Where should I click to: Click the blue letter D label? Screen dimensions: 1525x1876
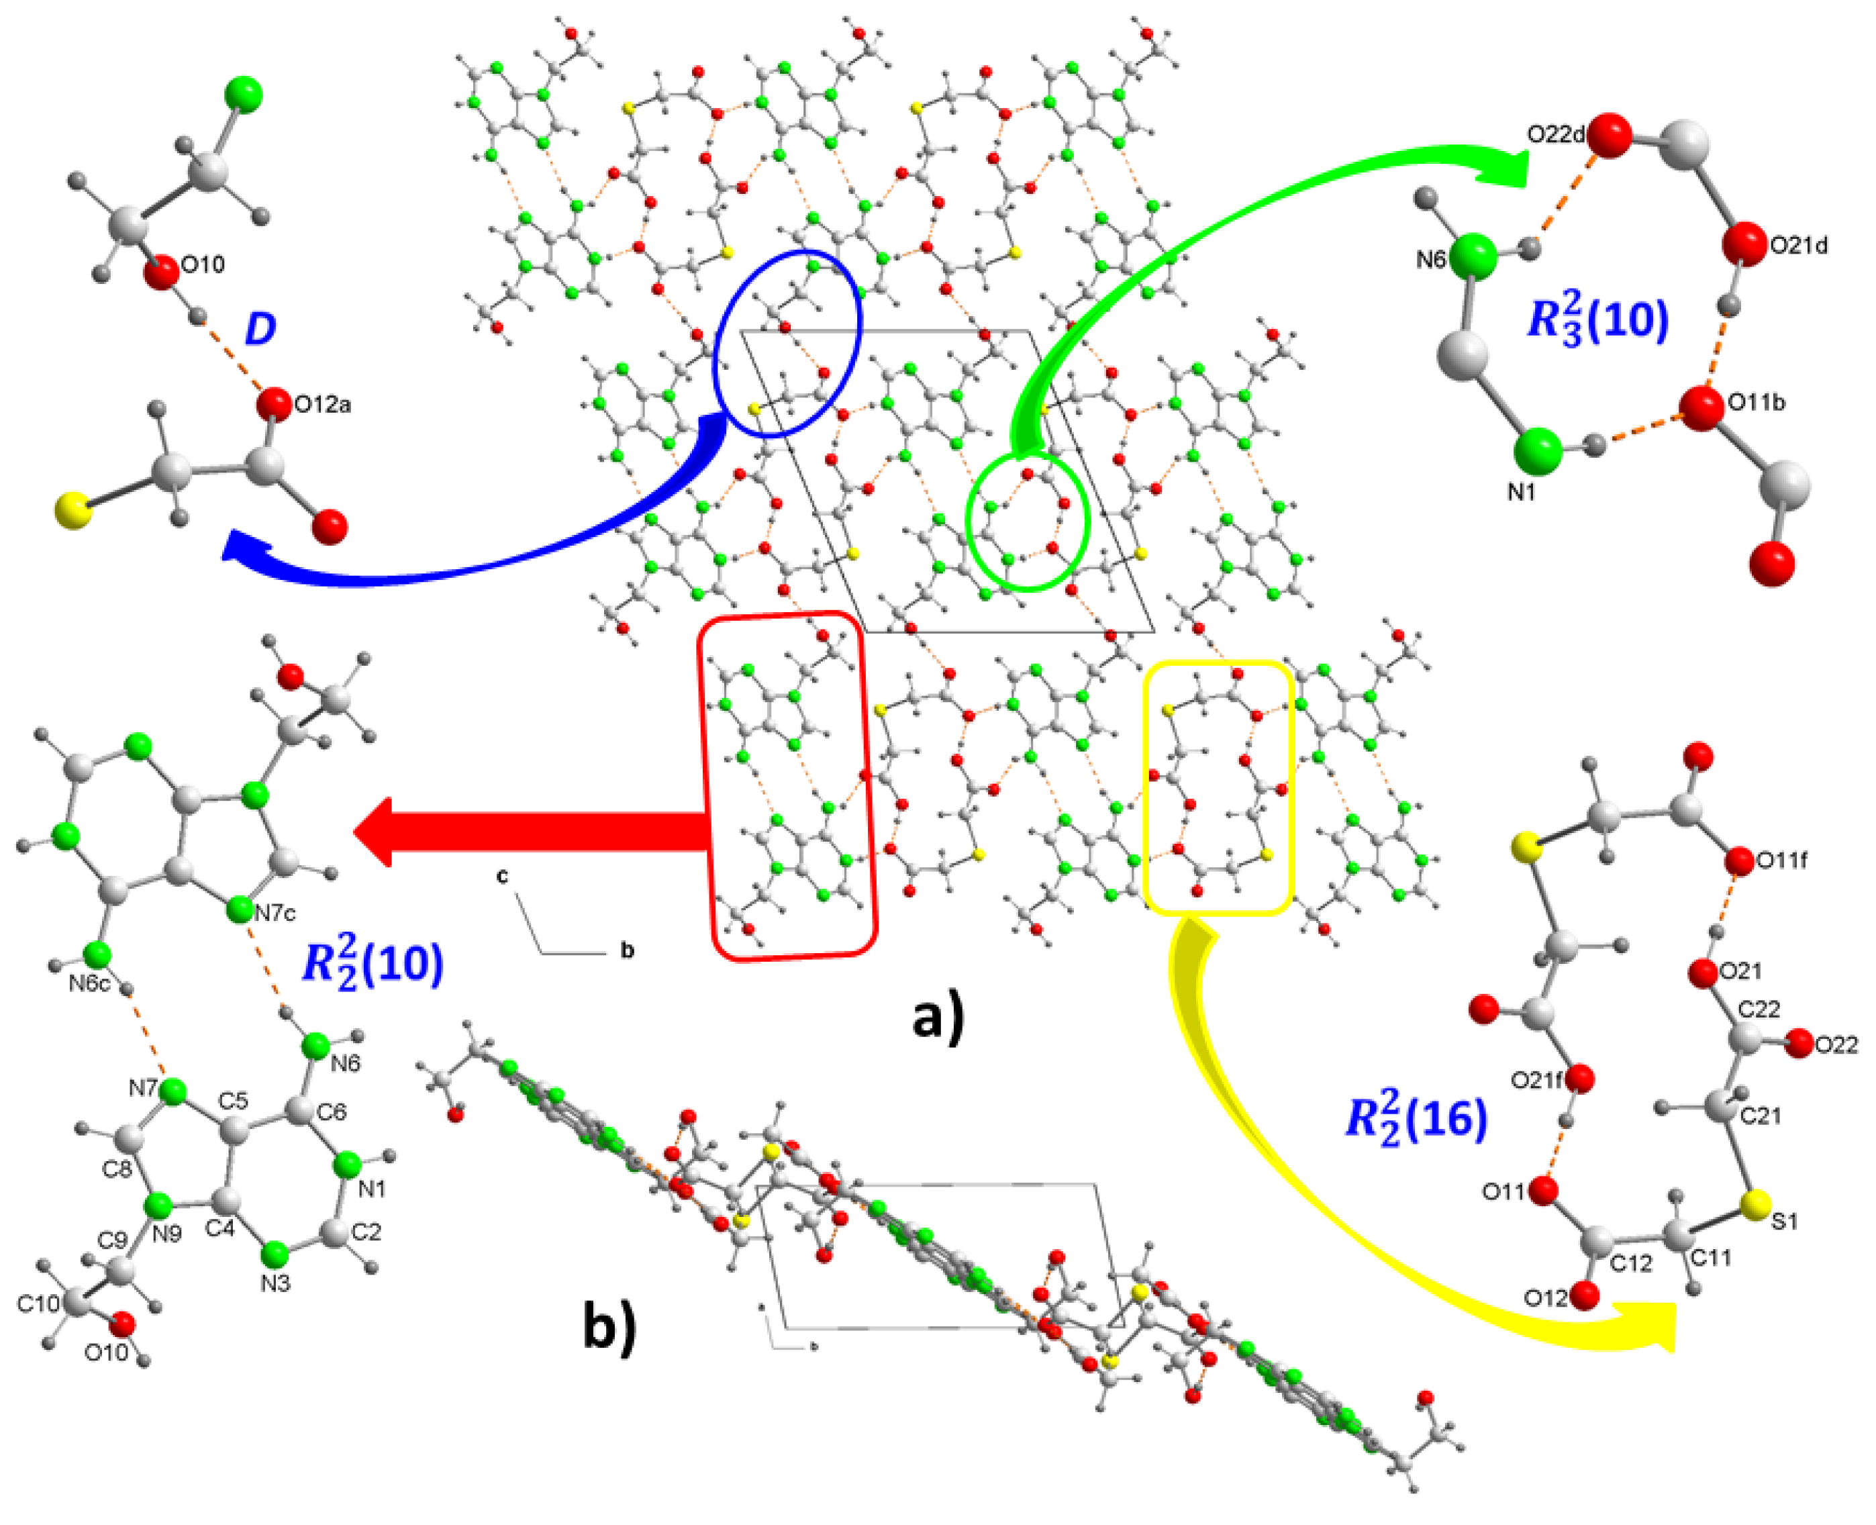point(260,328)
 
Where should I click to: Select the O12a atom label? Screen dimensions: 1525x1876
point(322,405)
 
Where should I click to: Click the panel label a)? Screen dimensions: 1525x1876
point(938,1018)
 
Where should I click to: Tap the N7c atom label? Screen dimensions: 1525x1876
point(275,914)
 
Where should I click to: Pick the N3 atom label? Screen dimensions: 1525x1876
point(275,1283)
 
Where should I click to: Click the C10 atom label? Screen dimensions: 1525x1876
point(38,1303)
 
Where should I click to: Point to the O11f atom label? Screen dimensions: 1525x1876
point(1781,862)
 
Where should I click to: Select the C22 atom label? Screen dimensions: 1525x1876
point(1759,1010)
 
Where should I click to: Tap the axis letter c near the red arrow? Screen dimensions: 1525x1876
point(502,876)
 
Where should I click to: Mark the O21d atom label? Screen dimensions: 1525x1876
point(1799,246)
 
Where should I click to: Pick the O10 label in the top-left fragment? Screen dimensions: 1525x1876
point(203,264)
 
